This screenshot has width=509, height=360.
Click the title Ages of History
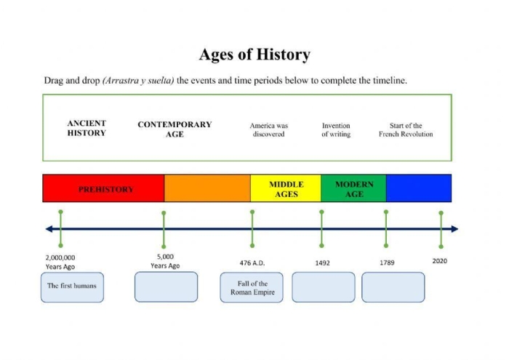(254, 55)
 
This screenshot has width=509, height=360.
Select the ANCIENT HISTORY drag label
(87, 129)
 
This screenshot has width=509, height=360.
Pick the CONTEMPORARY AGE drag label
(175, 129)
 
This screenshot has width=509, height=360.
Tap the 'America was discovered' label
(268, 130)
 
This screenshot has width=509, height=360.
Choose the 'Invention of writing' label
(336, 130)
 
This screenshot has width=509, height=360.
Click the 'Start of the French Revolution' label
(405, 130)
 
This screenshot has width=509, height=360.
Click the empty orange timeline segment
(207, 188)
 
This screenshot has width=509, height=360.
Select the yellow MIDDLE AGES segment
(286, 189)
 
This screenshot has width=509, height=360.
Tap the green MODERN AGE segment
(353, 189)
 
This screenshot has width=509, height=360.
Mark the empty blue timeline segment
(418, 188)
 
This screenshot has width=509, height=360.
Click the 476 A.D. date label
(252, 263)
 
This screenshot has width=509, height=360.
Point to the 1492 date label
(322, 263)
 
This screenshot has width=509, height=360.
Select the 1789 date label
(387, 263)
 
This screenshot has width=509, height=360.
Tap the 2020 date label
(440, 261)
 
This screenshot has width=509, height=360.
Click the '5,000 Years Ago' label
(165, 261)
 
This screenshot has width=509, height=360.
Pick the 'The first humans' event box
(72, 287)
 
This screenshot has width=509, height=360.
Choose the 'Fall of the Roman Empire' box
(252, 288)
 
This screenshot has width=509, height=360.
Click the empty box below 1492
(323, 287)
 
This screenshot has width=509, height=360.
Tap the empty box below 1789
(393, 287)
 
